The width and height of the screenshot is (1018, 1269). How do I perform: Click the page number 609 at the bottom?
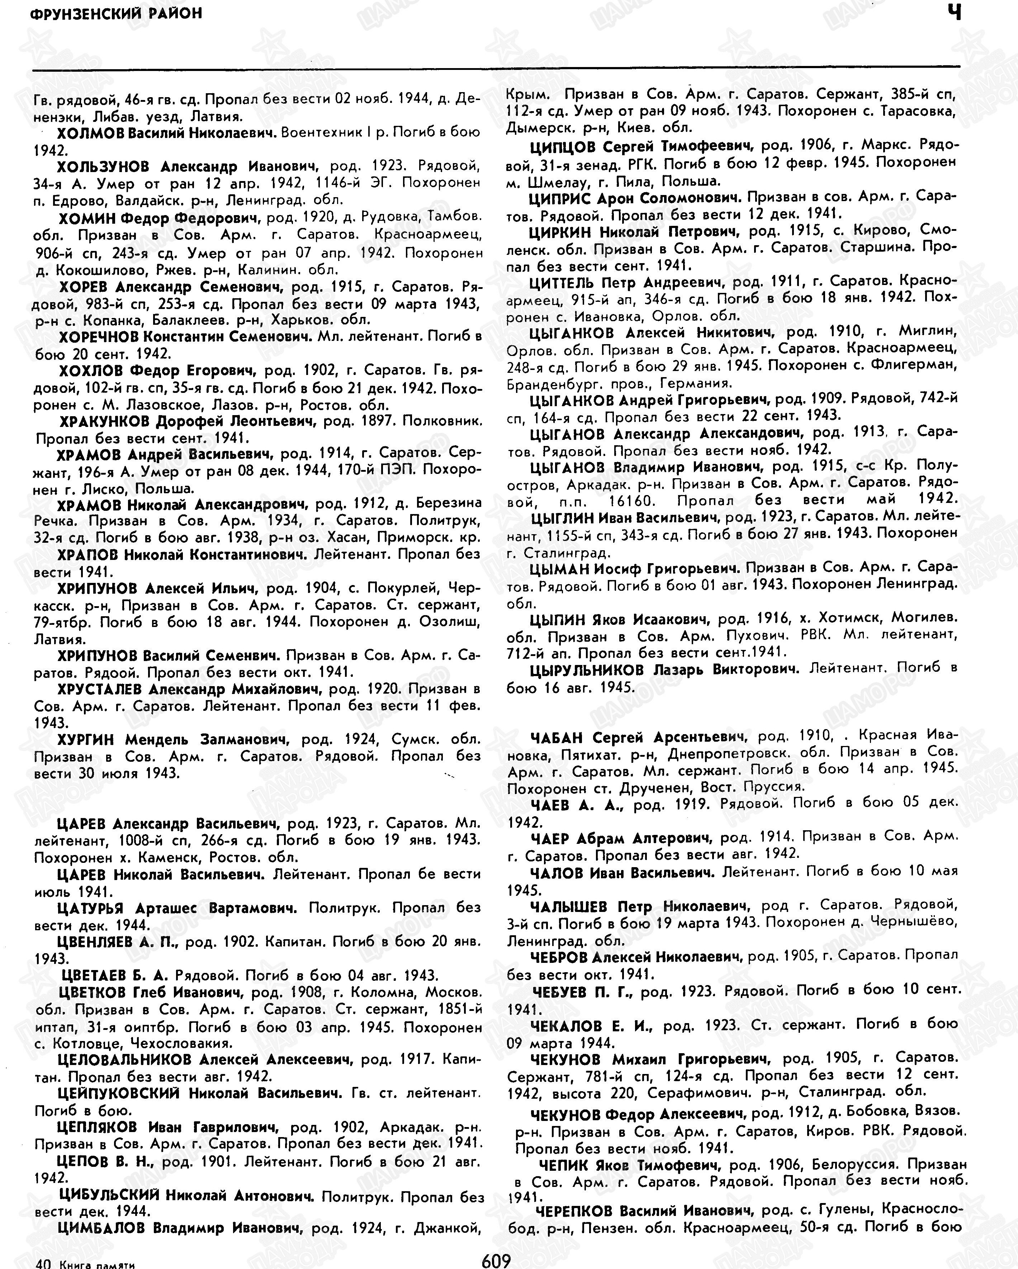coord(496,1260)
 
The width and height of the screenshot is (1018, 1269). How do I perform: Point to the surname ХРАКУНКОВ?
coord(108,422)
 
